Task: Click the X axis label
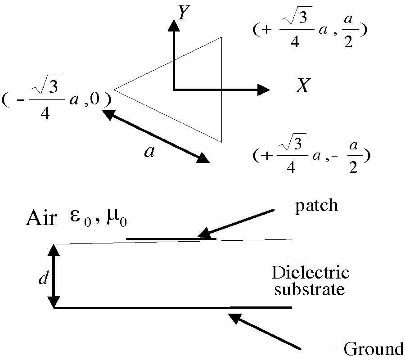click(x=303, y=85)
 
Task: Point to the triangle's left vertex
click(x=114, y=89)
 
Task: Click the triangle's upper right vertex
click(x=221, y=37)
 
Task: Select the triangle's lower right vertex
click(x=221, y=142)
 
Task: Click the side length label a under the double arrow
click(x=149, y=152)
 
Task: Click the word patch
click(x=316, y=206)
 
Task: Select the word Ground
click(x=373, y=349)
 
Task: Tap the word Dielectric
click(x=310, y=273)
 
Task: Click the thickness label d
click(x=43, y=279)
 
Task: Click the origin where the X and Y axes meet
click(x=173, y=90)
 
